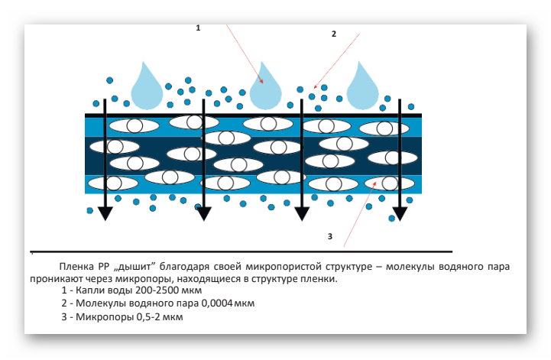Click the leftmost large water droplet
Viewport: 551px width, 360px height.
[x=147, y=87]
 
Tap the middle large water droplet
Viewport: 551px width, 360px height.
[x=267, y=88]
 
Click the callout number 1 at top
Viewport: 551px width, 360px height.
[x=198, y=28]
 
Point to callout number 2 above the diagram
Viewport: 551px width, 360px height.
[x=333, y=34]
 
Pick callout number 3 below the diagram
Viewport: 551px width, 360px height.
[x=329, y=236]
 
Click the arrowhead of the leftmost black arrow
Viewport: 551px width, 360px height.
[x=105, y=213]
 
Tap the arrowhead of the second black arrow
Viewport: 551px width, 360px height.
[x=204, y=213]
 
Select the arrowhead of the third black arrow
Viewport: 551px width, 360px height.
[x=303, y=213]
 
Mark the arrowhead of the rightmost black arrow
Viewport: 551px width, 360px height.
[x=400, y=213]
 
